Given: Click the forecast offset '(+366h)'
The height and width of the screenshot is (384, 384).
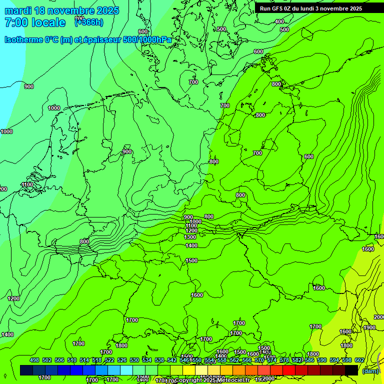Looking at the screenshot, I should click(89, 21).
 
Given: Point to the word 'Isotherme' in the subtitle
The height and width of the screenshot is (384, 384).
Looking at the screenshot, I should click(23, 39).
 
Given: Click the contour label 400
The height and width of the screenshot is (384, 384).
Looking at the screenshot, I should click(279, 21).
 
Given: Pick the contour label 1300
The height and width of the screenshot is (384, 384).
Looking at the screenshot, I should click(190, 237).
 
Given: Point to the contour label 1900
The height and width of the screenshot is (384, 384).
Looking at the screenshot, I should click(369, 327).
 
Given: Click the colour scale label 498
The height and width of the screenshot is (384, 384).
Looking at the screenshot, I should click(34, 360).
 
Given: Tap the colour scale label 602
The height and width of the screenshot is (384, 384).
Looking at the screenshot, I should click(359, 360).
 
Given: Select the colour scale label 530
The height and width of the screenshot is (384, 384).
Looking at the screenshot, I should click(134, 360).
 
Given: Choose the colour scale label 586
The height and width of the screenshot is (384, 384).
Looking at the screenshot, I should click(309, 360).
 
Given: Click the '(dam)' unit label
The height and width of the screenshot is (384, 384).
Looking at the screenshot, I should click(370, 370).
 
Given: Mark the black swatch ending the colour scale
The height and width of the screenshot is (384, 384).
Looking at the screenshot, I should click(351, 370).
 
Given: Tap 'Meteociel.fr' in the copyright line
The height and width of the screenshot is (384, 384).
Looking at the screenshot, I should click(233, 380).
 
